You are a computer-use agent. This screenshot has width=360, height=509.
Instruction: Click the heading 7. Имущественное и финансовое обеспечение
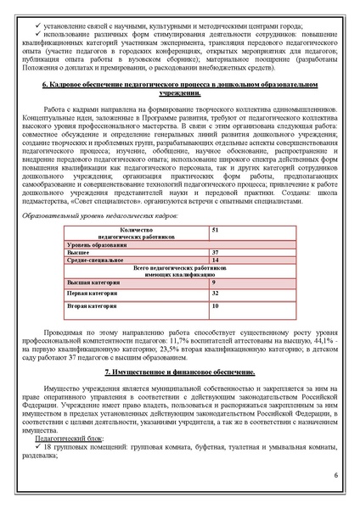tap(179, 372)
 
